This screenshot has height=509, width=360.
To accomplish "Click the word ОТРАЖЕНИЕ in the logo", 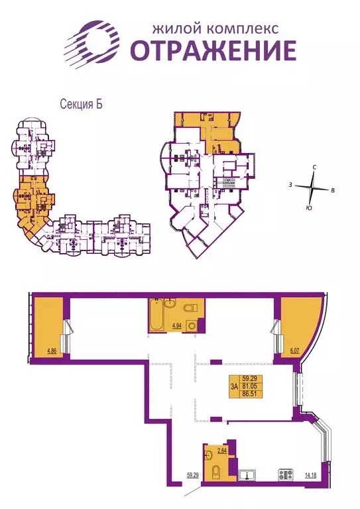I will (x=212, y=51).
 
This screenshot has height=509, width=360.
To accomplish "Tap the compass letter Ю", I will (x=310, y=208).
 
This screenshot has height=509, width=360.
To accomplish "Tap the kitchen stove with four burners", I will (x=286, y=475).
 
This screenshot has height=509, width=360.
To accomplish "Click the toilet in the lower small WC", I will (x=215, y=471).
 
